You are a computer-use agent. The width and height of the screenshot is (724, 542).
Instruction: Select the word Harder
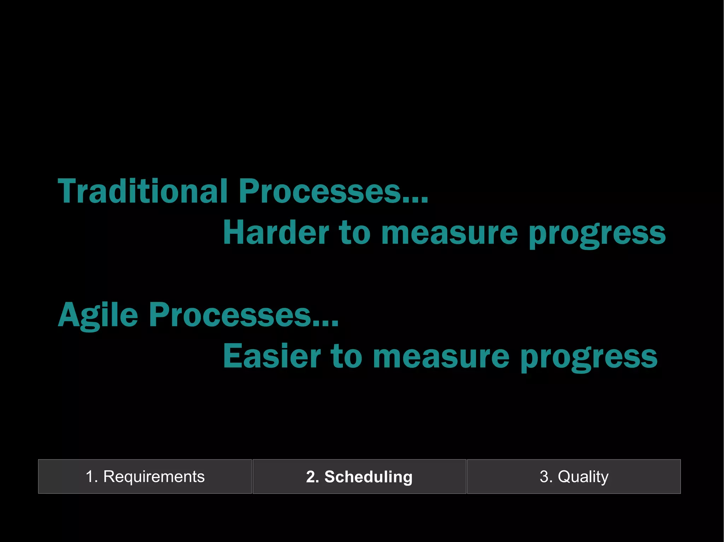[276, 233]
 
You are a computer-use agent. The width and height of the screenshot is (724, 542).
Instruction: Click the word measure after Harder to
[449, 233]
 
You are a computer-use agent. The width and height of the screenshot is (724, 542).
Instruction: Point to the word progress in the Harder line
[597, 235]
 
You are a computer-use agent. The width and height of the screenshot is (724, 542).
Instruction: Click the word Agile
[98, 315]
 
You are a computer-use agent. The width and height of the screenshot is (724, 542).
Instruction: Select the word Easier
[271, 356]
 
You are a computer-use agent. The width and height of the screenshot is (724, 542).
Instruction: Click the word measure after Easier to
[441, 356]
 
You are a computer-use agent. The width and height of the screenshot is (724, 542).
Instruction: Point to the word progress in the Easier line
[589, 358]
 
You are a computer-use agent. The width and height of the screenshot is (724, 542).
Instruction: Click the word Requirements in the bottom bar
[154, 477]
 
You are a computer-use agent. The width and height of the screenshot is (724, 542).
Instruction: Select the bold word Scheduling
[368, 477]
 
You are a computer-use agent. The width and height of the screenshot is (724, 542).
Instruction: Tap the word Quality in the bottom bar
[583, 477]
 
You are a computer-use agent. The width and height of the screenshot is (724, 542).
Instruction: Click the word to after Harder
[355, 233]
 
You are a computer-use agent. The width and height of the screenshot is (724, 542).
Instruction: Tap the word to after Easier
[346, 356]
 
